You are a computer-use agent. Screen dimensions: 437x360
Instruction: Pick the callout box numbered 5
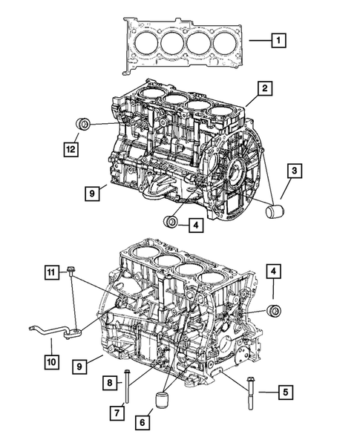285,391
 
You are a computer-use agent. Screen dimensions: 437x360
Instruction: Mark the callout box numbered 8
109,382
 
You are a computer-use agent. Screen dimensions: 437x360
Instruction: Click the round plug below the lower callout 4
275,309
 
